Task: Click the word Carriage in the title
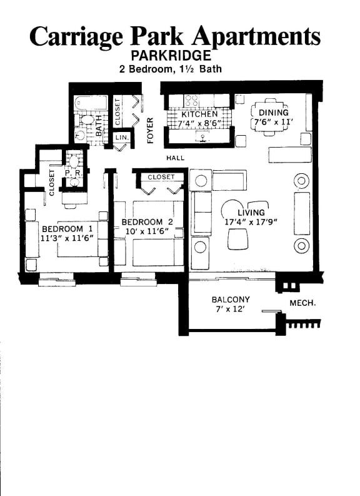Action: click(76, 36)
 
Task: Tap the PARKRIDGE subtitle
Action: click(171, 56)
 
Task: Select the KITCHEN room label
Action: click(199, 114)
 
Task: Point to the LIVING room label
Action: click(251, 212)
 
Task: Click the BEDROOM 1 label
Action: click(67, 228)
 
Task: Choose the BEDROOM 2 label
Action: click(147, 222)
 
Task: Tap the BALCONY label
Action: click(231, 300)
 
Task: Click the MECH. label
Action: click(302, 303)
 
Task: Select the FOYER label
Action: click(150, 130)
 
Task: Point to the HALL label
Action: click(175, 158)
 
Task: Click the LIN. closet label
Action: click(121, 136)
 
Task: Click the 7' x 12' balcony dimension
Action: click(230, 310)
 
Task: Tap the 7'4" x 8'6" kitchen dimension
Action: click(200, 124)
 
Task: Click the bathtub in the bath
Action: click(91, 103)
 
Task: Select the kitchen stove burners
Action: click(191, 100)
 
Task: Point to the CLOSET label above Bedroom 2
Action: click(161, 177)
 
